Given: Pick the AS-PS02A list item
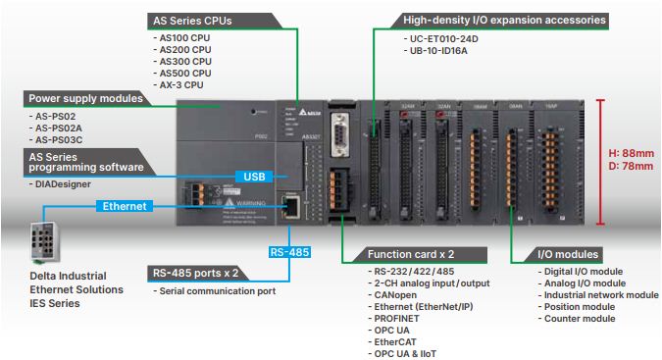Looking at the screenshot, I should (60, 128).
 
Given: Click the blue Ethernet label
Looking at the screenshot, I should (125, 206).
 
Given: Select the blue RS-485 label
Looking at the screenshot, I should (289, 252).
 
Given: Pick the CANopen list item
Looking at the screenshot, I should (395, 294).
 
